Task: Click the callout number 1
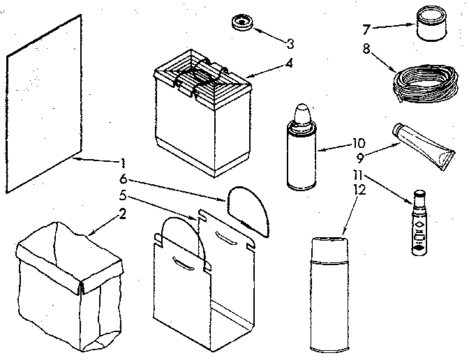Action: coord(123,163)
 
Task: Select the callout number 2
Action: coord(122,213)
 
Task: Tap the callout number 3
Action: coord(290,44)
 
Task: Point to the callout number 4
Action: coord(289,63)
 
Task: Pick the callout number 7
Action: coord(366,29)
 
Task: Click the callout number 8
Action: coord(366,49)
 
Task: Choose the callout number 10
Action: coord(359,143)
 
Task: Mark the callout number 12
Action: coord(360,190)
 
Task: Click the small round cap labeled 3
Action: coord(242,22)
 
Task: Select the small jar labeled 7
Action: coord(431,23)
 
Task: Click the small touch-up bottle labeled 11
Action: coord(419,223)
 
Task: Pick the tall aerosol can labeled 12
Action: coord(329,294)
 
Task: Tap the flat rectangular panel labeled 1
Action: coord(44,103)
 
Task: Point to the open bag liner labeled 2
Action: coord(69,287)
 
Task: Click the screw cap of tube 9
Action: coord(397,129)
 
